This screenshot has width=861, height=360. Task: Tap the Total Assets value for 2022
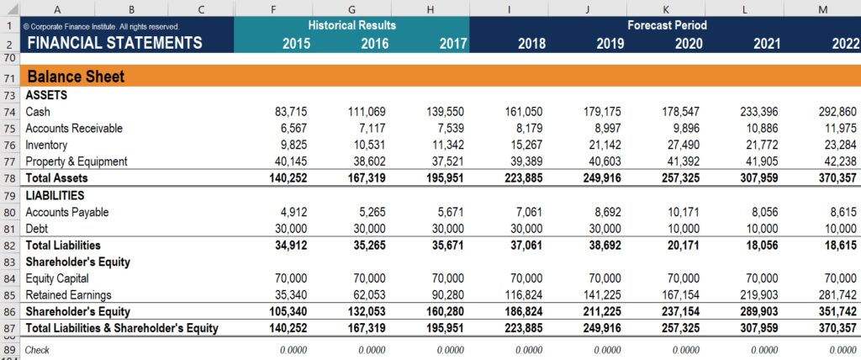pyautogui.click(x=837, y=178)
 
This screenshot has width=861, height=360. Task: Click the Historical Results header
pyautogui.click(x=351, y=25)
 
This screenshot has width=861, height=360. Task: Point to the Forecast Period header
pyautogui.click(x=667, y=25)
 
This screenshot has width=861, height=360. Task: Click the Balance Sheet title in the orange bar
pyautogui.click(x=76, y=77)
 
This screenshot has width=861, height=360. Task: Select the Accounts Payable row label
pyautogui.click(x=66, y=212)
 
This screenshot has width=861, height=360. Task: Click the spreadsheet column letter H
pyautogui.click(x=430, y=9)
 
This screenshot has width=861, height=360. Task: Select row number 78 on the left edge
pyautogui.click(x=9, y=178)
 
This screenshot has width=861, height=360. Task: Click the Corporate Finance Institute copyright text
pyautogui.click(x=101, y=27)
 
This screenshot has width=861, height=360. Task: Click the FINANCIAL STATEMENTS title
pyautogui.click(x=114, y=44)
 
